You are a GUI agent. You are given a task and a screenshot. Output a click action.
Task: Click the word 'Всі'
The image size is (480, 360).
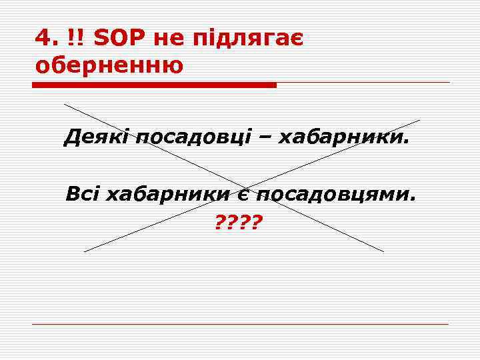pos(82,194)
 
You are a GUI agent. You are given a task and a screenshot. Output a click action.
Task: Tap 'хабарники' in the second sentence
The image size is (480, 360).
pos(167,194)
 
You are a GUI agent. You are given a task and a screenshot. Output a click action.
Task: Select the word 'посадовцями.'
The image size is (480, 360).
pos(336,195)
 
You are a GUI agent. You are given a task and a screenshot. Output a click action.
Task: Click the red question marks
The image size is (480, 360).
pos(239,220)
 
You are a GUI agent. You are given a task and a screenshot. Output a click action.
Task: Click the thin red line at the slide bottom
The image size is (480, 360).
pos(240,325)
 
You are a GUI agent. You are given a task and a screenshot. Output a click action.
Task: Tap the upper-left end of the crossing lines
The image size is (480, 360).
pos(65,104)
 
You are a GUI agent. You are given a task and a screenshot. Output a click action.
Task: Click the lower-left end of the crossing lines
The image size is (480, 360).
pos(85,251)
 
